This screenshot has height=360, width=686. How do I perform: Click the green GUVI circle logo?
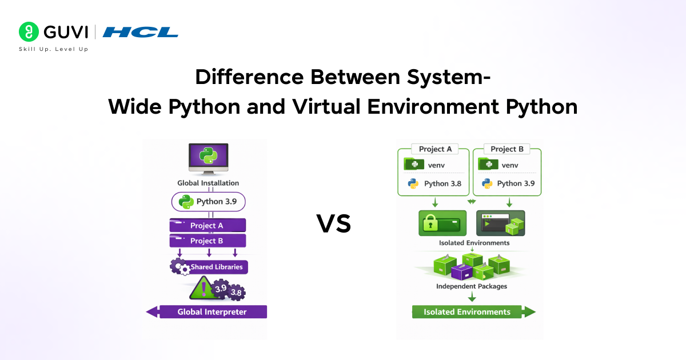[29, 31]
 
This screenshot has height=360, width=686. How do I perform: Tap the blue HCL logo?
[140, 32]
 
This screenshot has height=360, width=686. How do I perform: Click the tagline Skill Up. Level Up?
[54, 49]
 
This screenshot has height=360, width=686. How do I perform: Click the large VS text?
[333, 223]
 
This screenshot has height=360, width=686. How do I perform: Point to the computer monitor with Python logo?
[209, 159]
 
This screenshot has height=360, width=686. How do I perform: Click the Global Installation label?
[208, 183]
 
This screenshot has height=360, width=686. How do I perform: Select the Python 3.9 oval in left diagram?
[208, 202]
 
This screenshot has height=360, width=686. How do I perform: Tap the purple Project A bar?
[208, 225]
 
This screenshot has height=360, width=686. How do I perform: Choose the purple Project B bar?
[208, 241]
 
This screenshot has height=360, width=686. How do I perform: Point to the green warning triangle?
[202, 288]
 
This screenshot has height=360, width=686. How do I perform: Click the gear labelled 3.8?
[236, 293]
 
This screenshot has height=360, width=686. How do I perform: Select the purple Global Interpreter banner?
[207, 312]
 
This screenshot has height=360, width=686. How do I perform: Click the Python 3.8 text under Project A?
[442, 183]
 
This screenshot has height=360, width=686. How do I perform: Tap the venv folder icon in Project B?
[488, 164]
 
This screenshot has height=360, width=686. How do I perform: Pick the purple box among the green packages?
[462, 272]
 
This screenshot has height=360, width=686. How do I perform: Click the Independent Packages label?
[472, 286]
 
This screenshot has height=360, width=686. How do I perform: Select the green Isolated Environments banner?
[473, 312]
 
